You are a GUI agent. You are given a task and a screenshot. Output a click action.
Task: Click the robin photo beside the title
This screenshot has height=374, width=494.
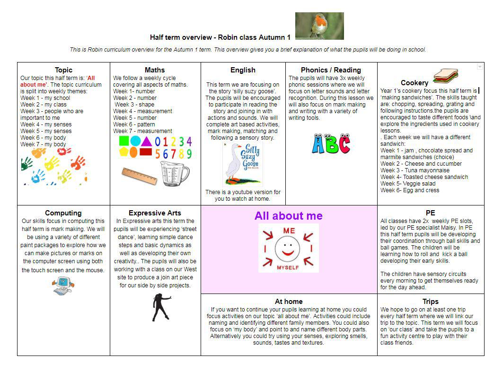pyautogui.click(x=319, y=26)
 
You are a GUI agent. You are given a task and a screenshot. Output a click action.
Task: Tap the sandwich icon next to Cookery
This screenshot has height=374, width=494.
pyautogui.click(x=445, y=76)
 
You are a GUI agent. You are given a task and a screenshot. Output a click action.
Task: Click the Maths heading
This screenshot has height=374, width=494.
pyautogui.click(x=155, y=70)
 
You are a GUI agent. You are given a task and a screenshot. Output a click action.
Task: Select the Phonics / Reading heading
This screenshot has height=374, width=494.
pyautogui.click(x=331, y=70)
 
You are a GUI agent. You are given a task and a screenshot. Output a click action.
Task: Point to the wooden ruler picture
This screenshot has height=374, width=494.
pyautogui.click(x=139, y=176)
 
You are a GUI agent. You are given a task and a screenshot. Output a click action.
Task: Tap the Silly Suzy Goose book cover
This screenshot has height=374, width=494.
pyautogui.click(x=243, y=164)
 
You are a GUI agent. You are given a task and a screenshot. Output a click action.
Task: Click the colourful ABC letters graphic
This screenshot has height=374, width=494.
pyautogui.click(x=331, y=143)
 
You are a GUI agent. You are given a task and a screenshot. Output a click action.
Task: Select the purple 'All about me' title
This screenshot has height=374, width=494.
pyautogui.click(x=288, y=216)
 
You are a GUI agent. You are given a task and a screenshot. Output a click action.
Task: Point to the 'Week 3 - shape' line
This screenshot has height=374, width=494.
pyautogui.click(x=134, y=105)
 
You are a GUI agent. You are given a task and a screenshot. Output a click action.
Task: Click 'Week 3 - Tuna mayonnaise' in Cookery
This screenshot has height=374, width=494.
pyautogui.click(x=415, y=170)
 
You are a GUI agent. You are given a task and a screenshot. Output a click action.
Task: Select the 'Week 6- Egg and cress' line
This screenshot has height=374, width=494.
pyautogui.click(x=410, y=190)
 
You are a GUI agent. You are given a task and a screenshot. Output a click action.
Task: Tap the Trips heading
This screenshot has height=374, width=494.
pyautogui.click(x=430, y=302)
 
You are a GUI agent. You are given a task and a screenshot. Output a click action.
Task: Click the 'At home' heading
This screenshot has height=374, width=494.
pyautogui.click(x=289, y=302)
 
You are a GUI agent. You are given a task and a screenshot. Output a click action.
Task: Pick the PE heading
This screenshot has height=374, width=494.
pyautogui.click(x=430, y=213)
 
